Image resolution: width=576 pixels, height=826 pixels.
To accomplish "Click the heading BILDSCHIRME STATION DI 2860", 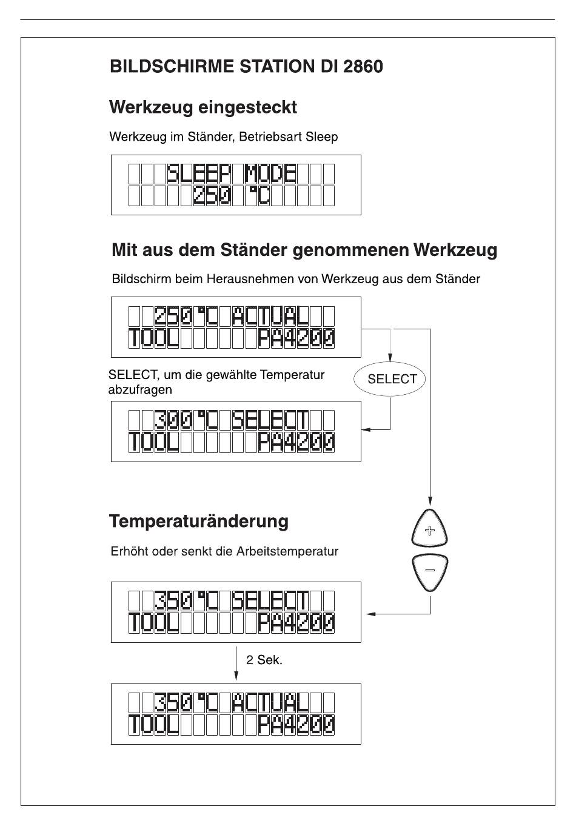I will pyautogui.click(x=246, y=66).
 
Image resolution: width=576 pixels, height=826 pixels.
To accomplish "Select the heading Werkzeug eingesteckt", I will pyautogui.click(x=203, y=107).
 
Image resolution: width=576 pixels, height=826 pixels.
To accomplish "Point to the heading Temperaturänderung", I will pyautogui.click(x=199, y=521).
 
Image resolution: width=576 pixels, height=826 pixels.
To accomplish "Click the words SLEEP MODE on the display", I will pyautogui.click(x=232, y=174).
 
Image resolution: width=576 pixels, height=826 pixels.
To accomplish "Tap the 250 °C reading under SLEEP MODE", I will pyautogui.click(x=232, y=196).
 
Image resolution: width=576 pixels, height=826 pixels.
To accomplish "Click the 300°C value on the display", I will pyautogui.click(x=181, y=420).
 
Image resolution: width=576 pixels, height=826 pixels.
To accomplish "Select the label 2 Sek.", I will pyautogui.click(x=264, y=660).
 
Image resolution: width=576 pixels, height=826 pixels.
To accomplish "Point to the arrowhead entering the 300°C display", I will pyautogui.click(x=366, y=429).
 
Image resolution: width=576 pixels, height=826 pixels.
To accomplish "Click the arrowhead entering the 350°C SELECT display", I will pyautogui.click(x=371, y=614).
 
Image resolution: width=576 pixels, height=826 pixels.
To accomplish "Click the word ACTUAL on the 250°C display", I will pyautogui.click(x=271, y=316).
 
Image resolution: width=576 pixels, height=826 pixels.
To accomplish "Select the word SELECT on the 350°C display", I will pyautogui.click(x=271, y=600).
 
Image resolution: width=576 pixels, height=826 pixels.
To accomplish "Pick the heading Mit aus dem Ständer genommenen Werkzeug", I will pyautogui.click(x=304, y=250).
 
